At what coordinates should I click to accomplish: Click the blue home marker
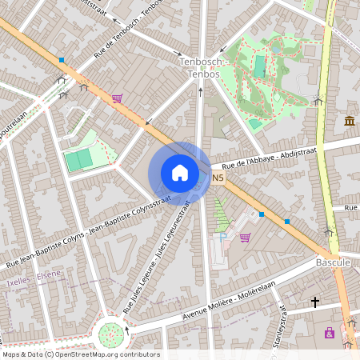(180, 173)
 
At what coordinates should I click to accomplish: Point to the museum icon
(350, 121)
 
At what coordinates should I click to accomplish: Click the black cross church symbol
(315, 302)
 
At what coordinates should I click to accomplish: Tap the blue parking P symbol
(223, 237)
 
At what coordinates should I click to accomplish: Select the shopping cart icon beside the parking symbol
(245, 237)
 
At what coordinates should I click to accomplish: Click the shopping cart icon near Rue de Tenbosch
(117, 98)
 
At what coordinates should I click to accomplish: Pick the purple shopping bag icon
(329, 333)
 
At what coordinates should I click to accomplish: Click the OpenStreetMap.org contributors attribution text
(104, 354)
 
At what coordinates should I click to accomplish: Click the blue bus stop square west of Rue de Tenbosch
(62, 60)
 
